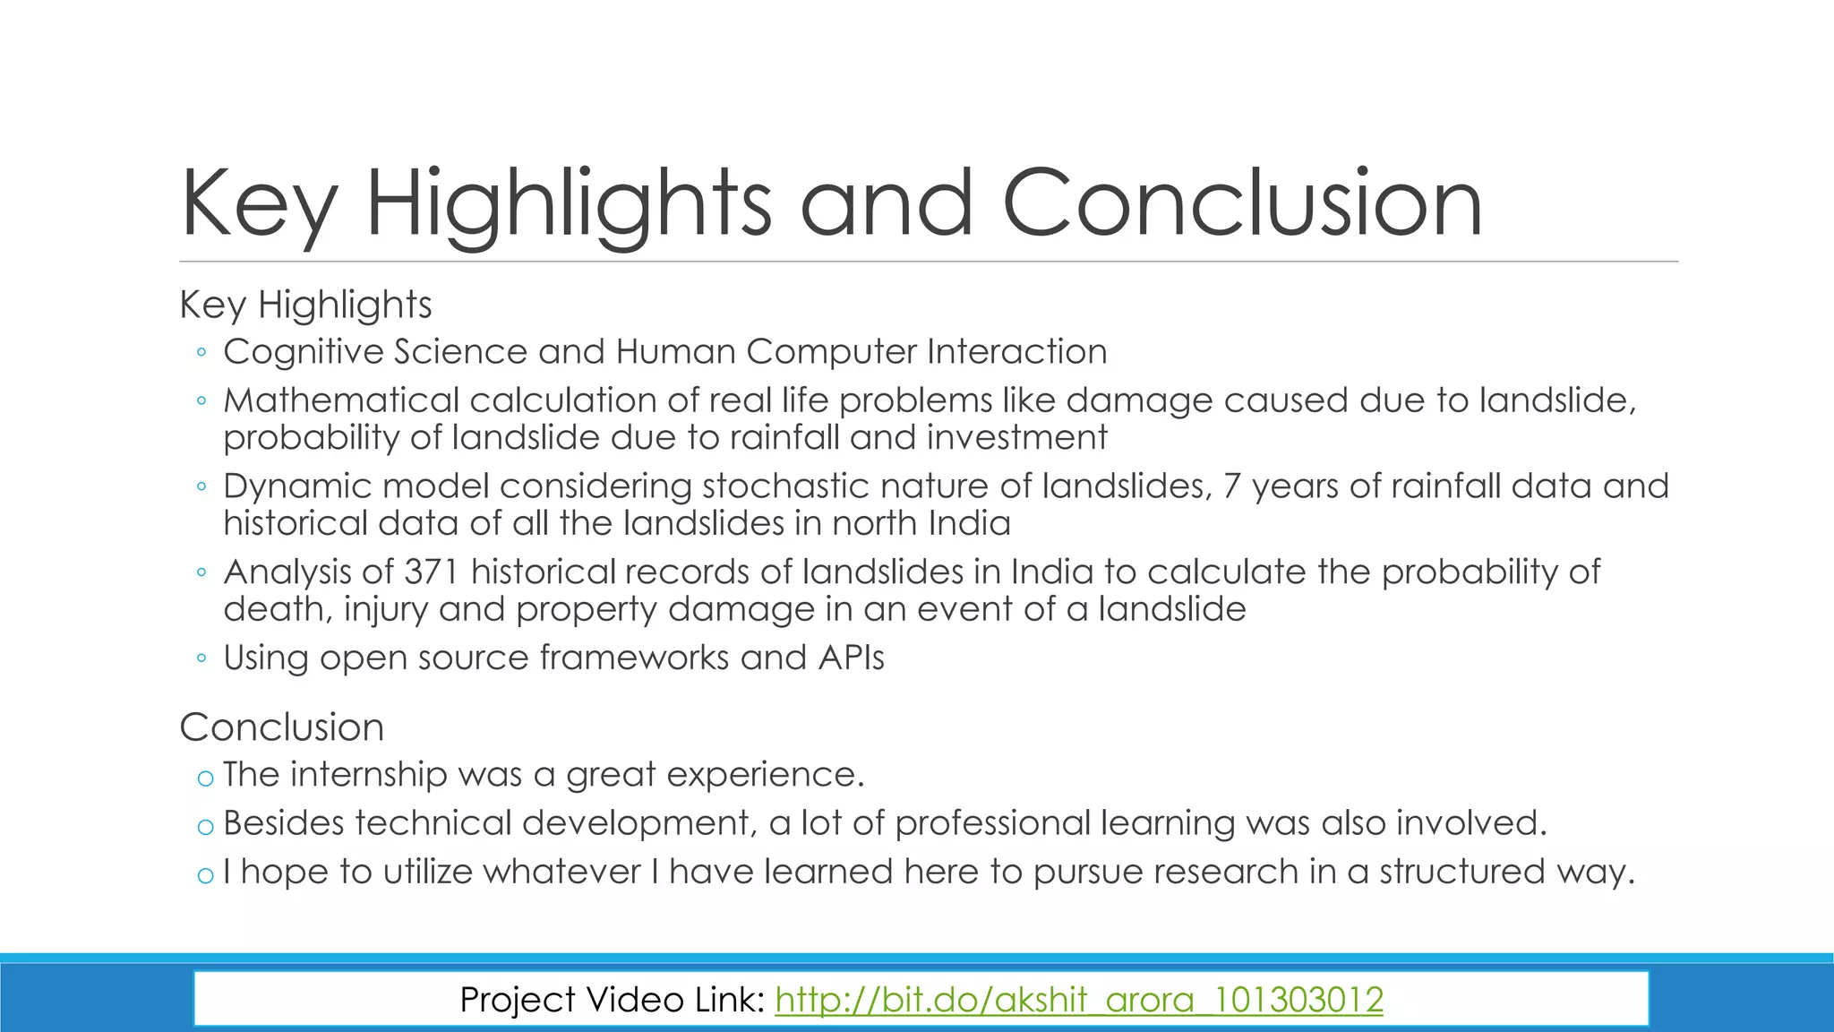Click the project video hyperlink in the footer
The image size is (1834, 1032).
click(x=1078, y=1000)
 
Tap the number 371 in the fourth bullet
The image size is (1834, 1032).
click(x=434, y=572)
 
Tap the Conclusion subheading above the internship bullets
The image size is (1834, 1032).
click(x=281, y=727)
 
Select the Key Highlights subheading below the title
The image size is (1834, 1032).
click(x=305, y=305)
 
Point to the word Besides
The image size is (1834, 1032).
click(x=283, y=823)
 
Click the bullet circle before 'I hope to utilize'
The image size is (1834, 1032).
click(x=205, y=875)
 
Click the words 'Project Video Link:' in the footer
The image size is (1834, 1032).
click(x=612, y=1000)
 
